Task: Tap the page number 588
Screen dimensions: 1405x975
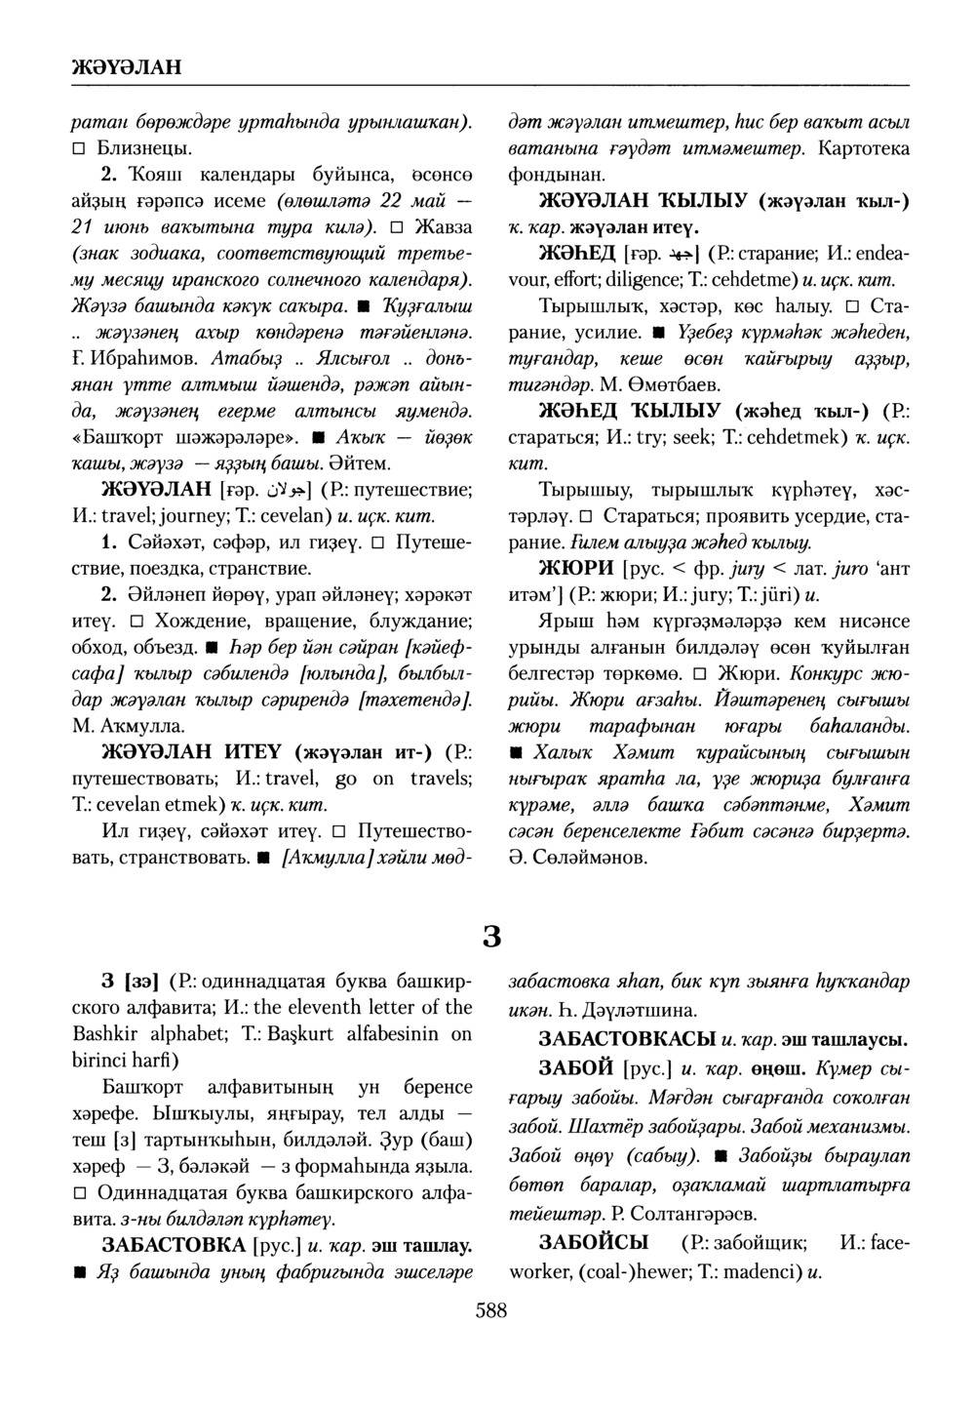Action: point(490,1310)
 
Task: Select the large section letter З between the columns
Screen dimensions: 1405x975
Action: point(491,937)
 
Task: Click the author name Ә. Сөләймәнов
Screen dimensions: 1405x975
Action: point(577,859)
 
